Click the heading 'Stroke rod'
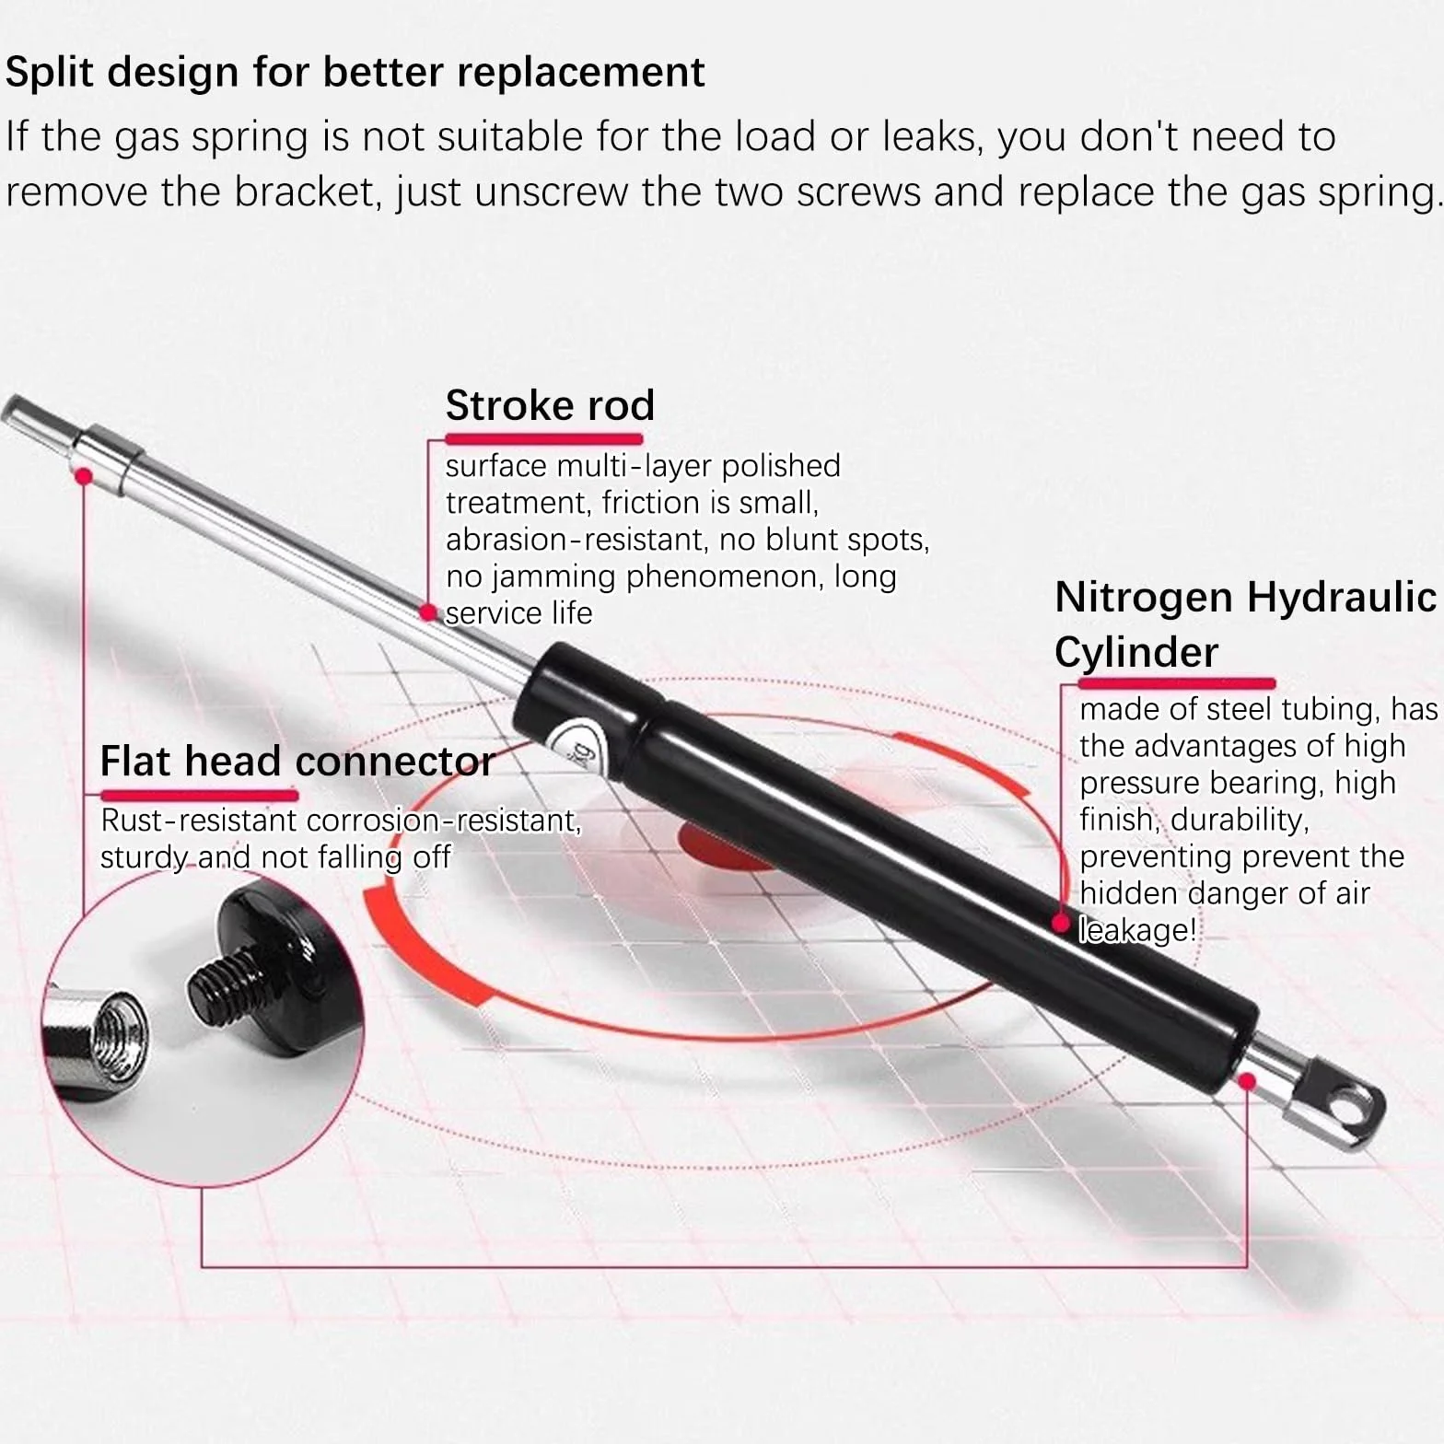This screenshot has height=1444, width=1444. coord(550,405)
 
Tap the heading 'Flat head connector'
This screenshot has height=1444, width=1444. coord(297,762)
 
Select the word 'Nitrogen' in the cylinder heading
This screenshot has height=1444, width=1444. coord(1144,598)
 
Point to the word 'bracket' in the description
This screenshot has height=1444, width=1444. coord(307,192)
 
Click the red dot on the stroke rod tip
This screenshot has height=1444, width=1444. coord(83,476)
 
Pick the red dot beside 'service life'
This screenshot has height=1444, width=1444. coord(427,612)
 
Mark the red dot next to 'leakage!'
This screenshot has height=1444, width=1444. coord(1062,923)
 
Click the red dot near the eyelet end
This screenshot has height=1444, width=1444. coord(1248,1081)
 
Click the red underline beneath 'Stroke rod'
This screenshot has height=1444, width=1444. coord(544,438)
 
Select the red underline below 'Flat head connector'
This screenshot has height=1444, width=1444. coord(199,795)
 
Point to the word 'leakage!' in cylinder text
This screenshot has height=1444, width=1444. coord(1138,930)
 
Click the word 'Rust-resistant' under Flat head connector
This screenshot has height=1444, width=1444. coord(199,821)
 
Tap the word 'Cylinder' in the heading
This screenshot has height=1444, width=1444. coord(1136,653)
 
